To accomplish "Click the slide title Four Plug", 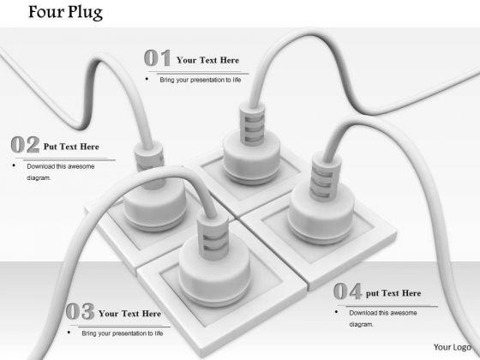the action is tap(65, 13).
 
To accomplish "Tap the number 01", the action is tap(158, 58).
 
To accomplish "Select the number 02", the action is tap(25, 145).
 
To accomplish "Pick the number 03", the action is tap(80, 311).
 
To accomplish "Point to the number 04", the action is tap(348, 291).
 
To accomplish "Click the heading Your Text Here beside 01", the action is tap(207, 60).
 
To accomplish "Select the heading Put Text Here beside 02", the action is tap(71, 147).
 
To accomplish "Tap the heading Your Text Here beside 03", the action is tap(129, 314).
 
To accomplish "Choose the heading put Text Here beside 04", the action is tap(393, 293).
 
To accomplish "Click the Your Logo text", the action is tap(453, 347).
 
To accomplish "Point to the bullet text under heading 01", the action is tap(201, 80).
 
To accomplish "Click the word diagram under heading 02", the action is tap(39, 178).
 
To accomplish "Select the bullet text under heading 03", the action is tap(123, 333).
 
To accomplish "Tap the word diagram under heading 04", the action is tap(361, 325).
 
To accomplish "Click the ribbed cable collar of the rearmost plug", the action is tap(252, 123).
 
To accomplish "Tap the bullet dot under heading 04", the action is tap(337, 312).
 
